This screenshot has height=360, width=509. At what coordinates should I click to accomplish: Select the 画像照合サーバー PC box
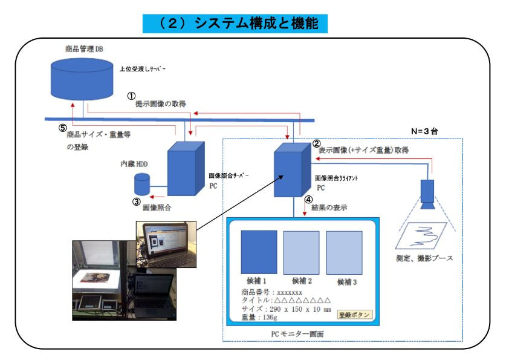tap(184, 168)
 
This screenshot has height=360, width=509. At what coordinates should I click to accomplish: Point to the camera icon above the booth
tap(427, 193)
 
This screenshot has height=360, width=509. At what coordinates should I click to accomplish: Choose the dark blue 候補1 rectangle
tap(259, 252)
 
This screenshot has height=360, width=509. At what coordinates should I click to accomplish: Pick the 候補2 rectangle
tap(302, 252)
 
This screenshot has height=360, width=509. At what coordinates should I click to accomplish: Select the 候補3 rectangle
tap(344, 252)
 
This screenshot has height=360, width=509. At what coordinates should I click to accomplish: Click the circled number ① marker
tap(130, 96)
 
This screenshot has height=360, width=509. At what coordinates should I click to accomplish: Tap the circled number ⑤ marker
tap(61, 128)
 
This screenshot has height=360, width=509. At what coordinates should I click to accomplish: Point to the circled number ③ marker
tap(137, 201)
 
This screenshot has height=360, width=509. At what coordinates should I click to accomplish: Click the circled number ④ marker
tap(308, 198)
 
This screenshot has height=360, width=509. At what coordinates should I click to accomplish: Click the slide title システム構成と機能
tap(235, 24)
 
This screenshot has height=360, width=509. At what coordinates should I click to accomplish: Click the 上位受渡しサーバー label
tap(143, 70)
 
